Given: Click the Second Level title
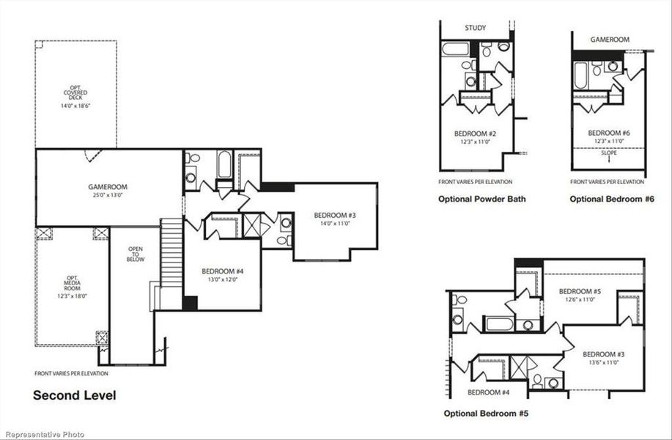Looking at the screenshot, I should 74,395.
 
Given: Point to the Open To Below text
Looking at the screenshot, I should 136,254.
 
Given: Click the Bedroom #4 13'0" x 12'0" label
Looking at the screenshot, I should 222,275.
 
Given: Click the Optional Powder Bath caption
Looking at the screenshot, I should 481,199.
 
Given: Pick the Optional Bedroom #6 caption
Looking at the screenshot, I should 611,199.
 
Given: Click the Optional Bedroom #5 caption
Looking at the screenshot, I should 485,414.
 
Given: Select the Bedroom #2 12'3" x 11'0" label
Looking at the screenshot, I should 475,137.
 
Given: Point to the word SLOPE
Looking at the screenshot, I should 608,153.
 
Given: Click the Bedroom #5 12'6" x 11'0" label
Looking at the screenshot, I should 580,295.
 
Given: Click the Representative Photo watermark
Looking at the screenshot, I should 43,434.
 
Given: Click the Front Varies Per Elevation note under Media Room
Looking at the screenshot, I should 71,374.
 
